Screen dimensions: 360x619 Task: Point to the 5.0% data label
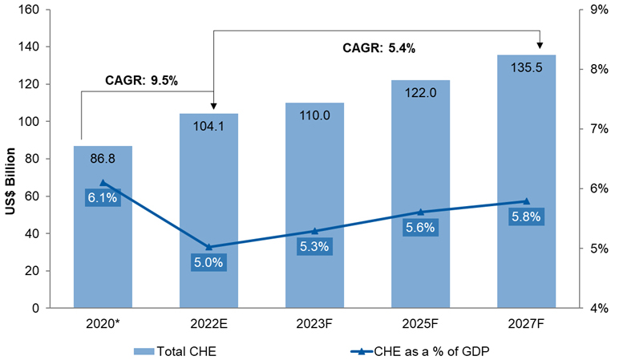point(208,261)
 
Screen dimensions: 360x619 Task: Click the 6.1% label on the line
point(103,197)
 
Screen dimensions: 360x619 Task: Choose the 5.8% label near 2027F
point(526,216)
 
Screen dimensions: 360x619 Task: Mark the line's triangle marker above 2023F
point(314,231)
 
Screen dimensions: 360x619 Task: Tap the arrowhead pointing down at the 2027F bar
point(540,45)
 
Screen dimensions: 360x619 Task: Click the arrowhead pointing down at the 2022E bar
point(214,104)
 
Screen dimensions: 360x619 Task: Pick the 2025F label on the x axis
point(420,325)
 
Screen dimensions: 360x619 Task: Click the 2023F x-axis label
point(314,325)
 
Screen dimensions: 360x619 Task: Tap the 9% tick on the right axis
point(597,10)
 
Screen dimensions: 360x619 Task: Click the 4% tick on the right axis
point(597,308)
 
